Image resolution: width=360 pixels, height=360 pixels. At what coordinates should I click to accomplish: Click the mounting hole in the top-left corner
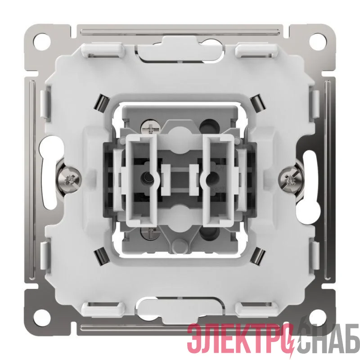(42, 41)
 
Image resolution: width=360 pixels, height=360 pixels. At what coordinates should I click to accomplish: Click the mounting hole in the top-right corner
(318, 41)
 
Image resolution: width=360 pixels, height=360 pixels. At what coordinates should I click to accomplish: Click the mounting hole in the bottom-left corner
(42, 318)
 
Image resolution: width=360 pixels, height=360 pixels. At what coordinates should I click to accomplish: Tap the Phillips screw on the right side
(290, 179)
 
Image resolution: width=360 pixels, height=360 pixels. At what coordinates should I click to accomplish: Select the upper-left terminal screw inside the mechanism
(149, 126)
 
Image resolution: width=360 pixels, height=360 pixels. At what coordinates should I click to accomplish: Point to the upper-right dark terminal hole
(209, 126)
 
